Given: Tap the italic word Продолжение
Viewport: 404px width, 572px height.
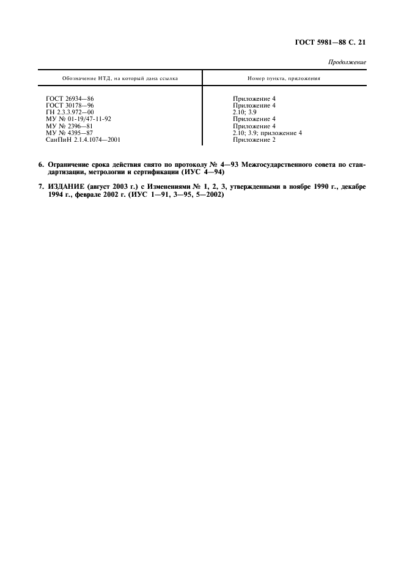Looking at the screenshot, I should tap(347, 62).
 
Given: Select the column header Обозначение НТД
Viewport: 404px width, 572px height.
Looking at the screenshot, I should tap(120, 79).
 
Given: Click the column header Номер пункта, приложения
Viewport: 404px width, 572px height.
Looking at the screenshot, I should tap(284, 79).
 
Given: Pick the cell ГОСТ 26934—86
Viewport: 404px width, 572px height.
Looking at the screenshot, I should tap(70, 98).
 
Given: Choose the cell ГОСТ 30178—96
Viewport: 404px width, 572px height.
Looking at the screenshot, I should tap(70, 105).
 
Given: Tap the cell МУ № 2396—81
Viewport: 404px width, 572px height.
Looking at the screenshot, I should tap(70, 126).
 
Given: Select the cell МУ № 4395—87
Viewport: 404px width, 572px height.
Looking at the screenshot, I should tap(70, 133).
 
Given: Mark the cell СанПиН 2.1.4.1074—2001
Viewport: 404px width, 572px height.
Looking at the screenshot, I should tap(83, 140).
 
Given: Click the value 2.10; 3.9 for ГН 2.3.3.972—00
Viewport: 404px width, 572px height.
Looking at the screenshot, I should tap(244, 112).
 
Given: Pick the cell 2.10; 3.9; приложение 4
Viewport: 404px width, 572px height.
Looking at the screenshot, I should tap(267, 133).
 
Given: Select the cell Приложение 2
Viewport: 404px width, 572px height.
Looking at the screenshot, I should tap(254, 140).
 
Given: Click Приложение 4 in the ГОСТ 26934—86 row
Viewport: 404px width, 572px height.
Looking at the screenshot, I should tap(254, 98).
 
